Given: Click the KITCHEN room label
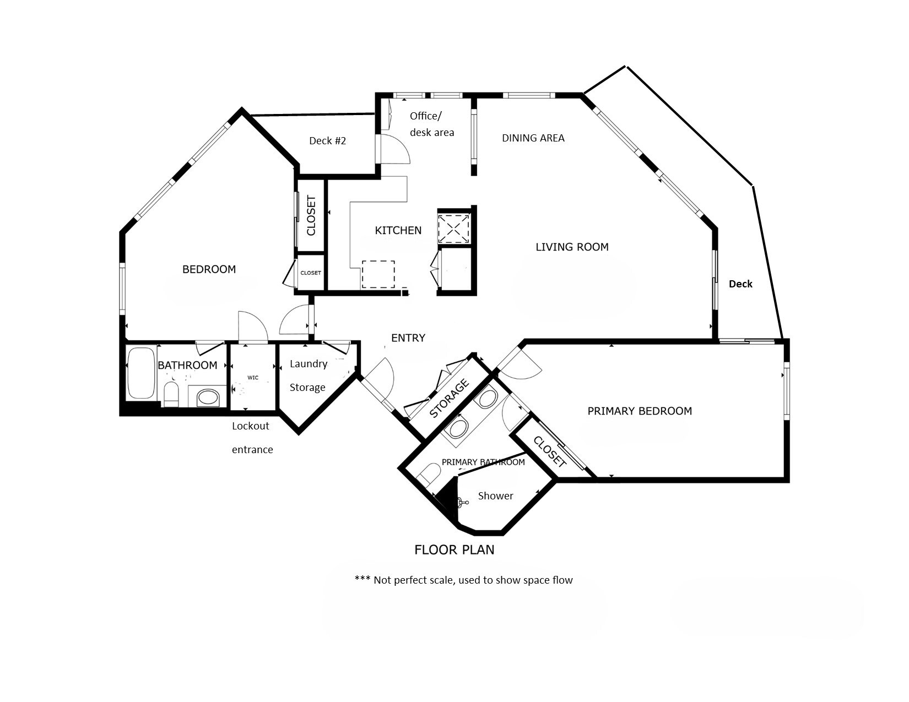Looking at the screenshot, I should tap(398, 230).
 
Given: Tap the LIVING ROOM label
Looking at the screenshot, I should tap(572, 247).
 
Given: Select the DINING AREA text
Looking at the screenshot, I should tap(533, 138).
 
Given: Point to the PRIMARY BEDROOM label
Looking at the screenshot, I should tap(639, 411).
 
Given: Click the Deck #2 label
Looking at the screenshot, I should tap(327, 141).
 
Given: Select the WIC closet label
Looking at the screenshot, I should tap(253, 378).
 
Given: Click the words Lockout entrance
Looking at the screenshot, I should tap(252, 437).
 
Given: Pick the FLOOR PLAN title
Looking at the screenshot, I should tap(454, 549).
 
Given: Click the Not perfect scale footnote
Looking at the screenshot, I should tap(463, 580).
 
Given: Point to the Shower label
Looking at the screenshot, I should tap(495, 496).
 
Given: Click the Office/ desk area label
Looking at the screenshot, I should tap(431, 124).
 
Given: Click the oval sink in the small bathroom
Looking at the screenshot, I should tap(208, 397).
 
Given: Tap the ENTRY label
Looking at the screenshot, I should tap(408, 338).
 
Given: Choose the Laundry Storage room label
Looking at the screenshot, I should tap(308, 376).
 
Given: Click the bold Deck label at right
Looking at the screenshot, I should tap(740, 284).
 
